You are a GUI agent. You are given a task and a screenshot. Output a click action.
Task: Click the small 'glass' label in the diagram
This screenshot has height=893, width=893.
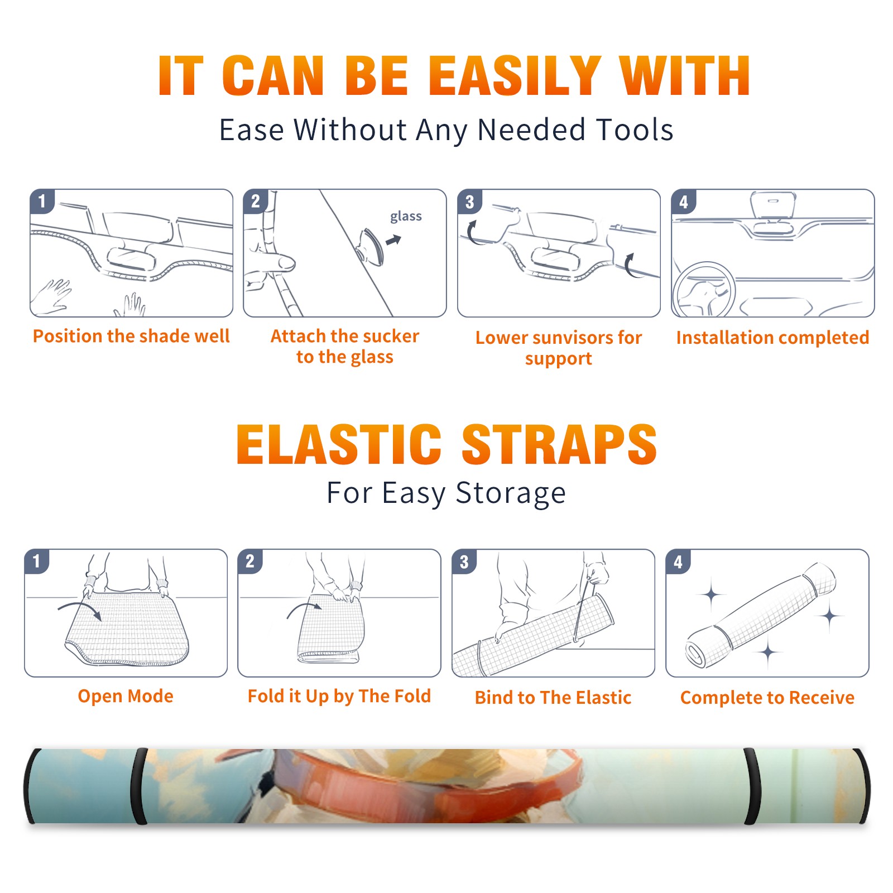click(406, 216)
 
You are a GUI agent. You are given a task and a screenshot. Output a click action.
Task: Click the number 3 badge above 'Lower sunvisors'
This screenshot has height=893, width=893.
click(469, 202)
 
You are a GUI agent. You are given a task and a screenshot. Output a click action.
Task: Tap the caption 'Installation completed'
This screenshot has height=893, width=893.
click(772, 337)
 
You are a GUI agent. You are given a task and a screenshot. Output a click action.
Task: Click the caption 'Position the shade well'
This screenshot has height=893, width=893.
click(131, 336)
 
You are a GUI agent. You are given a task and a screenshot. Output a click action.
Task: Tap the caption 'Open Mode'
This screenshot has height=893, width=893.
click(126, 696)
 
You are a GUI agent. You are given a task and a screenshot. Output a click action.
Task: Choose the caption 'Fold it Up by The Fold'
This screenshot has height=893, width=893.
click(339, 696)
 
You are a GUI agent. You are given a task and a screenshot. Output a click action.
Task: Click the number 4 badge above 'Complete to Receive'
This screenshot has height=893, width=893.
click(678, 561)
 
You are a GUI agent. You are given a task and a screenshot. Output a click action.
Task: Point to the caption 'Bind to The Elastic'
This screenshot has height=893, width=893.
click(553, 698)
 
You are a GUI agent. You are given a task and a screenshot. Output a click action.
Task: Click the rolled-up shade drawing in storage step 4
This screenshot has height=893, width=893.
click(761, 616)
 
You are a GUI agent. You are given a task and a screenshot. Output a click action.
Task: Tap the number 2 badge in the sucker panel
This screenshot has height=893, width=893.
click(255, 201)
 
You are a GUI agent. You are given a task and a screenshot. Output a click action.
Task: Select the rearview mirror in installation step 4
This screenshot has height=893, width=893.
click(772, 205)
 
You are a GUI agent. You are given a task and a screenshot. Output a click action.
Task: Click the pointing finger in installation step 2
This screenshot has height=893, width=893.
click(270, 261)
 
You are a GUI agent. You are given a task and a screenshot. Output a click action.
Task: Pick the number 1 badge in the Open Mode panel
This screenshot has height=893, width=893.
click(37, 561)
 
